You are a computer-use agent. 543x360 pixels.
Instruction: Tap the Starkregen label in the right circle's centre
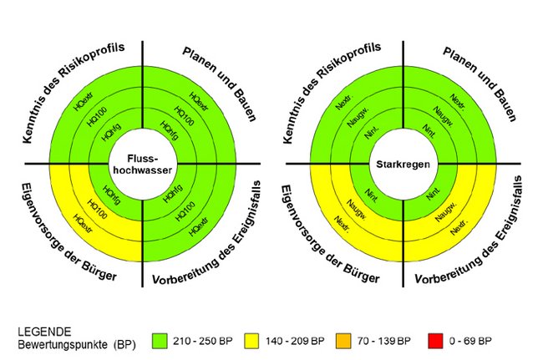pyautogui.click(x=403, y=165)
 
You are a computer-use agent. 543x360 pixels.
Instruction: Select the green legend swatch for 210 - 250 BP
pyautogui.click(x=162, y=341)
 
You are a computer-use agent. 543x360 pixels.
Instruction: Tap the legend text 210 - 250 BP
pyautogui.click(x=201, y=341)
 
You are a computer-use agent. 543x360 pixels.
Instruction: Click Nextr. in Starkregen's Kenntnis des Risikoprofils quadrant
pyautogui.click(x=343, y=104)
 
